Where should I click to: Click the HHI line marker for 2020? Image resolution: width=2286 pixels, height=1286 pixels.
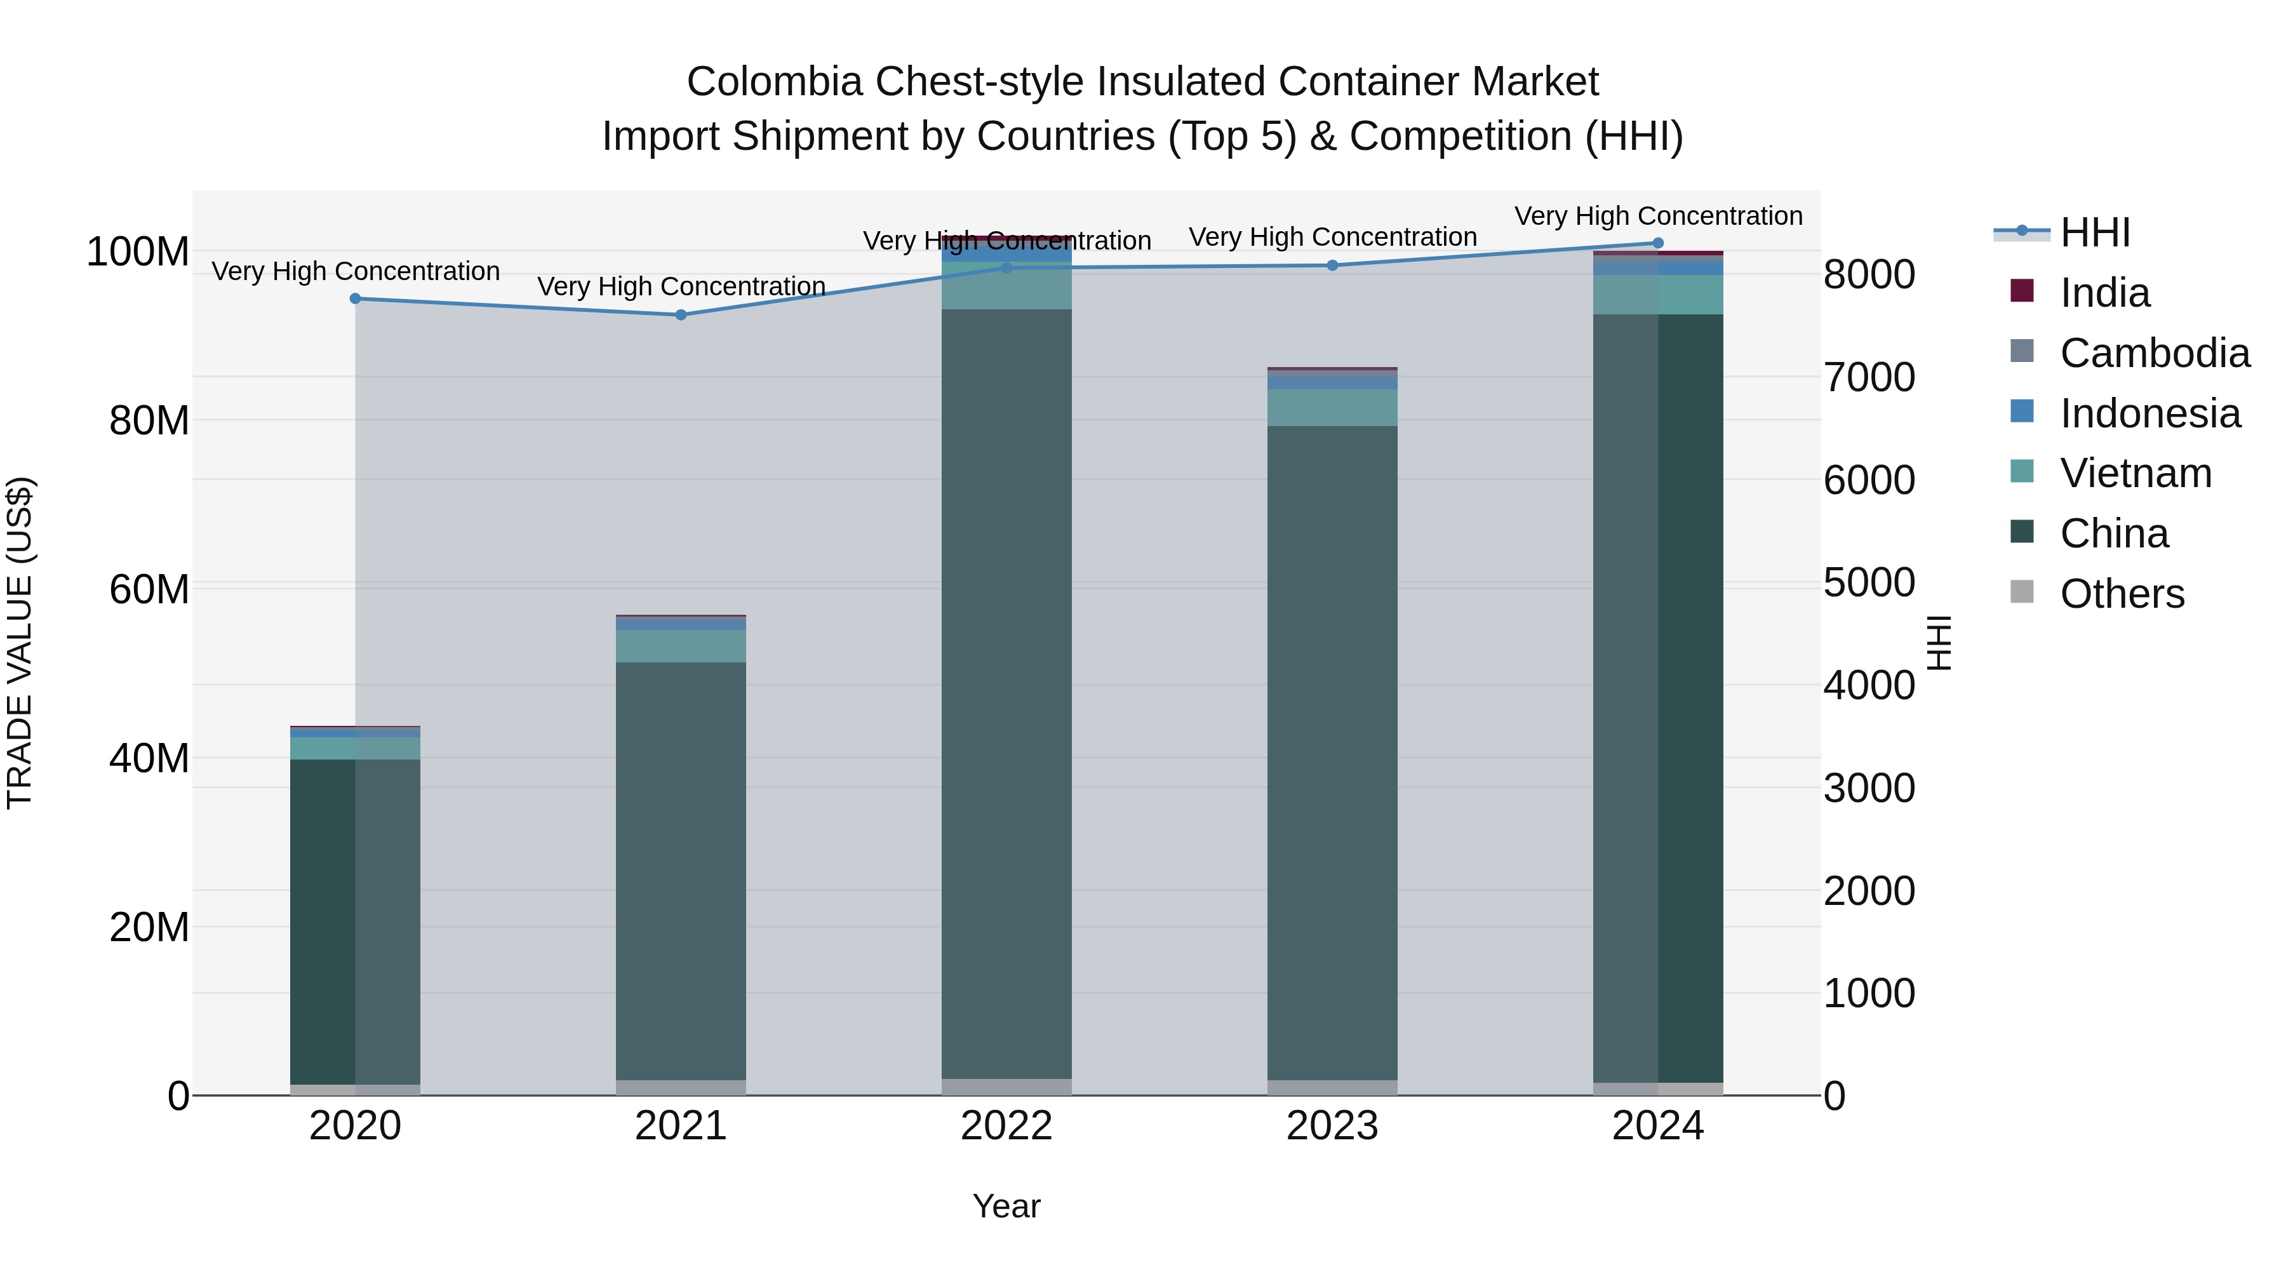coord(355,299)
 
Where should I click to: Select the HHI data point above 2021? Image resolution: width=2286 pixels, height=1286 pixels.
coord(681,315)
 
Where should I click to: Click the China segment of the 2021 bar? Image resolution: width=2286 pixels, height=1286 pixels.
coord(681,870)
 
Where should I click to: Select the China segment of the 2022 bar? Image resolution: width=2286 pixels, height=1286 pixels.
coord(1006,692)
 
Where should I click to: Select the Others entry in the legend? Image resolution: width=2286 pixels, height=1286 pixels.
coord(2121,594)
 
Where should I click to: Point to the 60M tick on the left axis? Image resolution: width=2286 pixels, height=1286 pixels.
coord(149,589)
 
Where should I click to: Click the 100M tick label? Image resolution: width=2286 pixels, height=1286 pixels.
coord(138,252)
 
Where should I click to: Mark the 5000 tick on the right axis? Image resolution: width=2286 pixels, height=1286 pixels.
coord(1869,583)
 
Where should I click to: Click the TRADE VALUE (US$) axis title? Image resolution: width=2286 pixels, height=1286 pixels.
coord(20,643)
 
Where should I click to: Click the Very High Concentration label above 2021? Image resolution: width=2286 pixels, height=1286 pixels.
coord(681,286)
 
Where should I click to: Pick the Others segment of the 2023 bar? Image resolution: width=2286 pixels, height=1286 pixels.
coord(1332,1087)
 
